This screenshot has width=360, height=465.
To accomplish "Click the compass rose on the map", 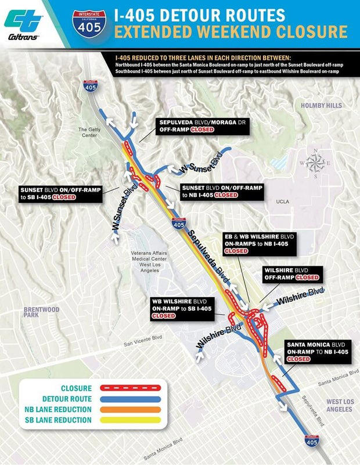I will [x=315, y=163].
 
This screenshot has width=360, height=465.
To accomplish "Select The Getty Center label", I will [x=90, y=132].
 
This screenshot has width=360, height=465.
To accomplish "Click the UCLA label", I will [x=283, y=201].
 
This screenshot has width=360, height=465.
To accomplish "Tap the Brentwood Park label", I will [x=42, y=312].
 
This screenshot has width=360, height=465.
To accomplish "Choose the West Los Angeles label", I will [x=339, y=405].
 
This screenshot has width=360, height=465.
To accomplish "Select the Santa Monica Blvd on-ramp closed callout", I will [x=319, y=351].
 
